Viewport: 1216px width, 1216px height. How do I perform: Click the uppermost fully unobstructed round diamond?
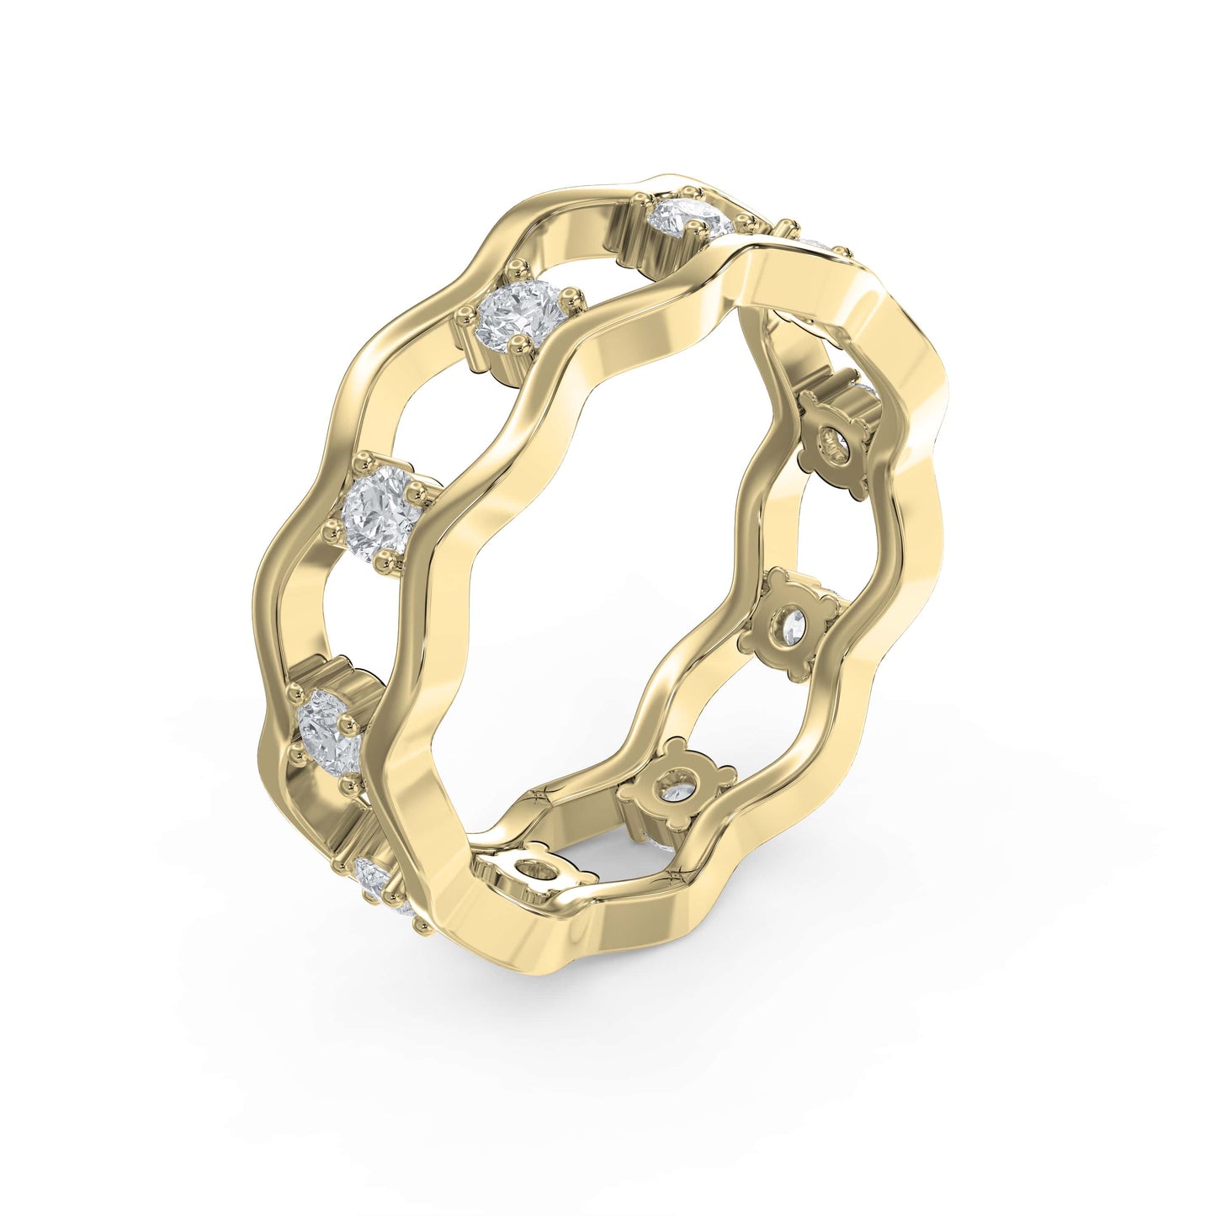[x=518, y=316]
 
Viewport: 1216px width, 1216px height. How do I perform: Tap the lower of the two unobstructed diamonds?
[x=382, y=510]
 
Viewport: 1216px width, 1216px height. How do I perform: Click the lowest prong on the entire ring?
[x=420, y=928]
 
